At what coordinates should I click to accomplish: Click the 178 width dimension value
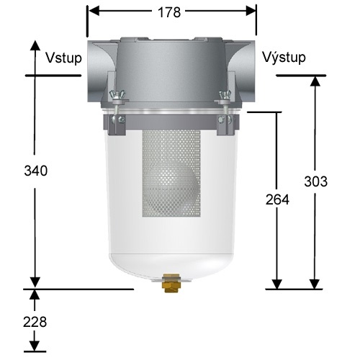tap(171, 12)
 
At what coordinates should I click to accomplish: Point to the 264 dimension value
tap(276, 200)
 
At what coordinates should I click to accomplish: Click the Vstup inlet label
tap(62, 57)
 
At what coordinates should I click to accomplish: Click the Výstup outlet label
tap(284, 57)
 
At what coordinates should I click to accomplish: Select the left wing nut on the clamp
tap(118, 96)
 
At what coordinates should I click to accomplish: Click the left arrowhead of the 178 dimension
tap(92, 12)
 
